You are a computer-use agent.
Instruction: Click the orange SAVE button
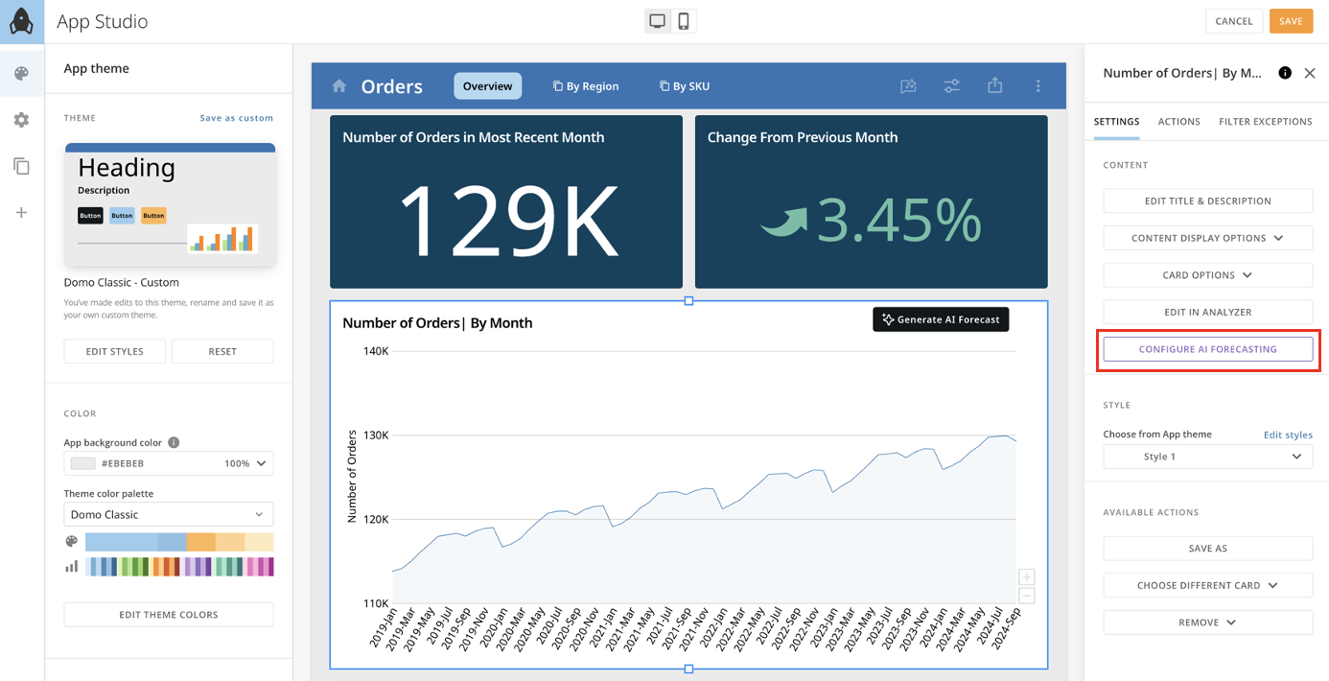coord(1291,21)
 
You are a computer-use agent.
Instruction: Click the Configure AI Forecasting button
coord(1207,349)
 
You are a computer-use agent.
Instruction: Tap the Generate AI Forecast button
coord(941,319)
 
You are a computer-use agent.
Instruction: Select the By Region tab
coord(586,86)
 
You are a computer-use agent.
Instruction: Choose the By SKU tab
coord(685,86)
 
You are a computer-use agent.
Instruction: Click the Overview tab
coord(487,86)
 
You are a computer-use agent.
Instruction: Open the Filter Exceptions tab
coord(1265,122)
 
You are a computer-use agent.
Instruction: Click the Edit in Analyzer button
coord(1207,312)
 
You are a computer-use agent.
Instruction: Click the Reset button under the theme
coord(222,352)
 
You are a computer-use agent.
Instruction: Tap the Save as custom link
coord(236,118)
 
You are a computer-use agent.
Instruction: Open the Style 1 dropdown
coord(1207,457)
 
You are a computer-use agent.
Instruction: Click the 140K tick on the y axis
coord(375,351)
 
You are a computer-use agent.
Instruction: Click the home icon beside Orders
coord(338,86)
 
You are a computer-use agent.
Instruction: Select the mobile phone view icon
coord(684,21)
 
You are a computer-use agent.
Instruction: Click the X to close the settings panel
coord(1310,73)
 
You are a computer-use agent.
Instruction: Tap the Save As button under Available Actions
coord(1207,549)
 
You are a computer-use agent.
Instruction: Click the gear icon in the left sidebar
coord(21,120)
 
